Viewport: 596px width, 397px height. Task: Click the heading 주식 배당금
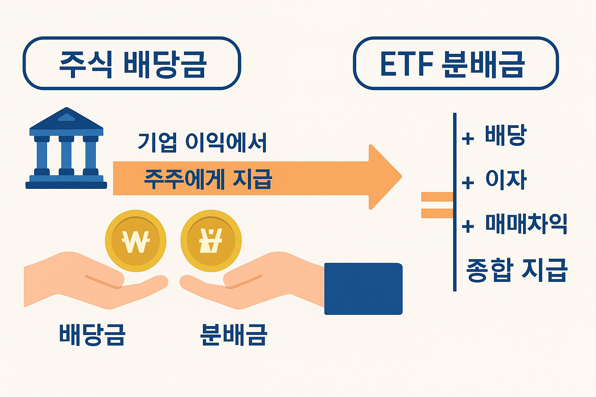[132, 64]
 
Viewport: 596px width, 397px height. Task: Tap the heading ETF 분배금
[452, 64]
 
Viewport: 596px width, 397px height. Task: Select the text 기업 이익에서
[202, 142]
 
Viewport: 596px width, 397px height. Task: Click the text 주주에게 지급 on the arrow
[208, 179]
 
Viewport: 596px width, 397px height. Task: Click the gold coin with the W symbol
[135, 241]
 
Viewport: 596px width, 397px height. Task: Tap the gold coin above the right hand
[211, 241]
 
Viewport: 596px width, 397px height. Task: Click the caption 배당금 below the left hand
[92, 335]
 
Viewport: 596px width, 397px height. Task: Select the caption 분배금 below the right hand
[234, 335]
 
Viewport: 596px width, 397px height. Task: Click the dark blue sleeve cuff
[363, 289]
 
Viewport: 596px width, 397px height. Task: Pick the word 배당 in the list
[505, 135]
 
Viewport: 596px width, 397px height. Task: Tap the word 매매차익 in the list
[526, 224]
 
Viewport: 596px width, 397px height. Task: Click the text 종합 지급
[517, 270]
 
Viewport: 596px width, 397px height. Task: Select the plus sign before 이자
[468, 182]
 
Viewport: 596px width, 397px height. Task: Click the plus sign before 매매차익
[468, 226]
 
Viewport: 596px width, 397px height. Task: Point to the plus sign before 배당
[468, 138]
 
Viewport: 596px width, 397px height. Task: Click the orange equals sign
[437, 205]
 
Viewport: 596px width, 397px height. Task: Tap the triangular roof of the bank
[66, 118]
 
